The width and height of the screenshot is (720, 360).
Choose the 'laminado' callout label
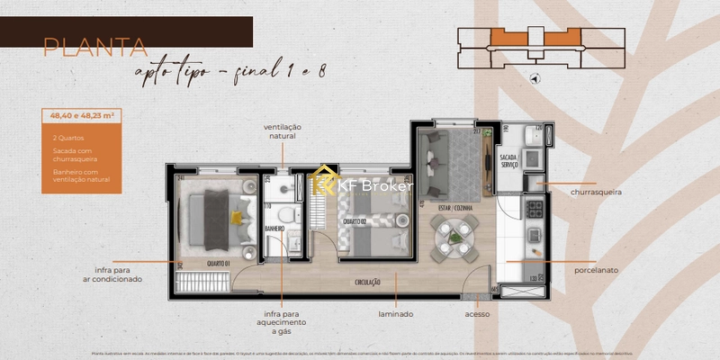point(395,314)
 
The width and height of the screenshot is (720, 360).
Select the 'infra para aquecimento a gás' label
point(280,322)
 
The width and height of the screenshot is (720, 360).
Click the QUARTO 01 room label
point(219,264)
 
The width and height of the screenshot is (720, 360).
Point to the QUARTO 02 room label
point(352,220)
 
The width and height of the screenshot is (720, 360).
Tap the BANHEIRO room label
point(274,229)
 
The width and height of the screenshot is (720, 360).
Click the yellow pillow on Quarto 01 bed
point(237,216)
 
